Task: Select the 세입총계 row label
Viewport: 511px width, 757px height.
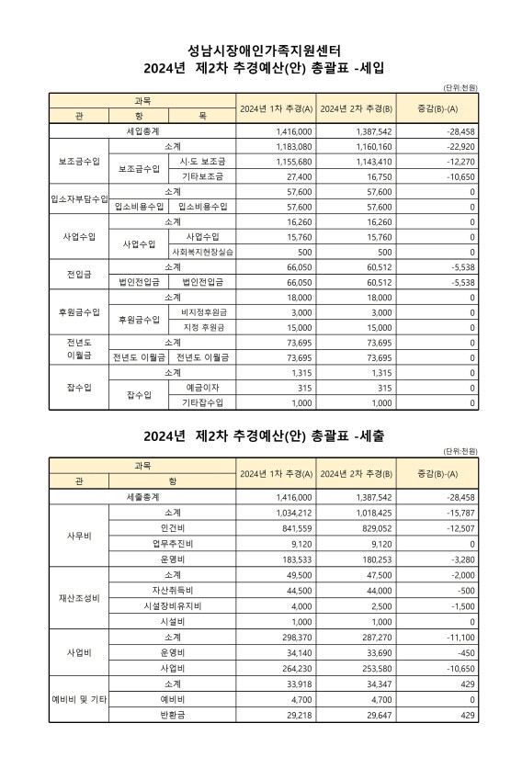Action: [x=142, y=132]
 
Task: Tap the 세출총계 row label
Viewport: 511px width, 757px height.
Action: [x=142, y=495]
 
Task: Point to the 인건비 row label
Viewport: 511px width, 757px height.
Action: [x=172, y=527]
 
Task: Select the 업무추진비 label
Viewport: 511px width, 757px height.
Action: [x=172, y=542]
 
